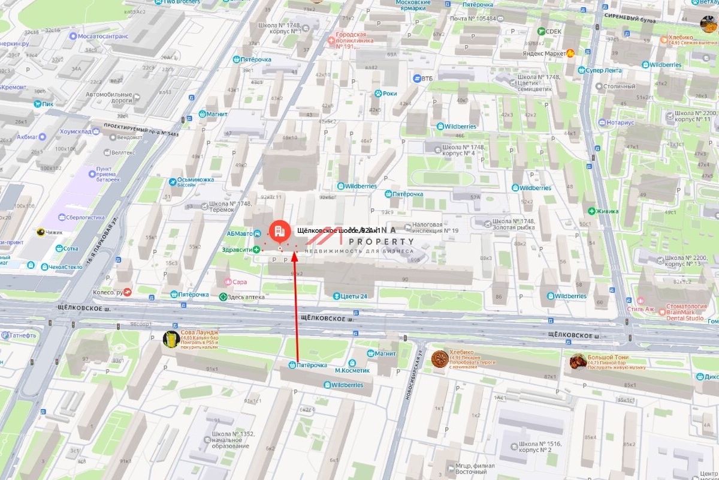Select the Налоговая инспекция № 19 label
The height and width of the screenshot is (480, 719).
click(x=434, y=227)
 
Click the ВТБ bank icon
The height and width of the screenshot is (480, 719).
click(x=418, y=78)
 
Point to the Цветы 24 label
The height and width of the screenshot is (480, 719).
click(x=354, y=296)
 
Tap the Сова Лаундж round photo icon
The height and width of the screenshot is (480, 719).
click(x=171, y=339)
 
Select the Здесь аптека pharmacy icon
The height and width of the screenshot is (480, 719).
click(x=223, y=297)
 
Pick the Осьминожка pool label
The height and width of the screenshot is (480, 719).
click(x=195, y=181)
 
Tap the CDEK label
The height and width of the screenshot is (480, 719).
click(x=554, y=31)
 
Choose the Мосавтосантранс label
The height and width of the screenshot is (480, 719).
click(x=103, y=36)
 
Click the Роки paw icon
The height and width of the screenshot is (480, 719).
click(x=378, y=94)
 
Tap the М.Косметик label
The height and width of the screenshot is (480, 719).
click(x=352, y=370)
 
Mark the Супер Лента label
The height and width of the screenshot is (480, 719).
click(x=603, y=70)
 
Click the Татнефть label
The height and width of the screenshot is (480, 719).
click(x=22, y=335)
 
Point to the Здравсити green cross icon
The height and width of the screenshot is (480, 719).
click(x=256, y=249)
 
